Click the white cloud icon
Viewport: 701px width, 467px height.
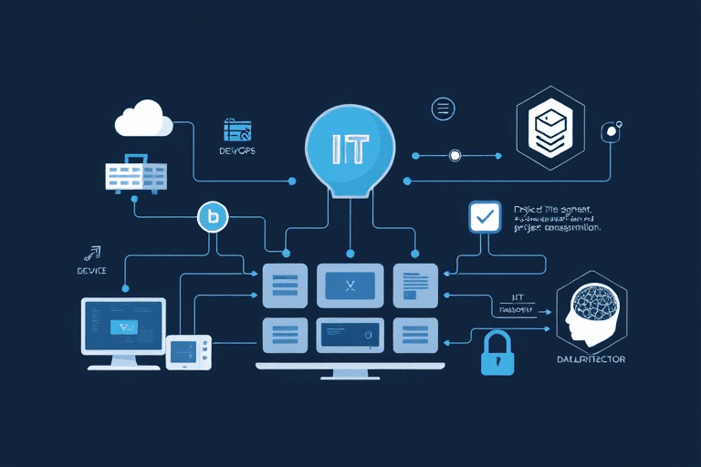(x=143, y=120)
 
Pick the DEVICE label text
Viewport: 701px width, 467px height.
(x=92, y=271)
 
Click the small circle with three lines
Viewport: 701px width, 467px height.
(x=443, y=109)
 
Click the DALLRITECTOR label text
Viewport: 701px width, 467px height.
(x=591, y=359)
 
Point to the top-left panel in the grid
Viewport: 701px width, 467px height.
(x=285, y=285)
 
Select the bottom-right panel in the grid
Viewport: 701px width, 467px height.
(x=415, y=335)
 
